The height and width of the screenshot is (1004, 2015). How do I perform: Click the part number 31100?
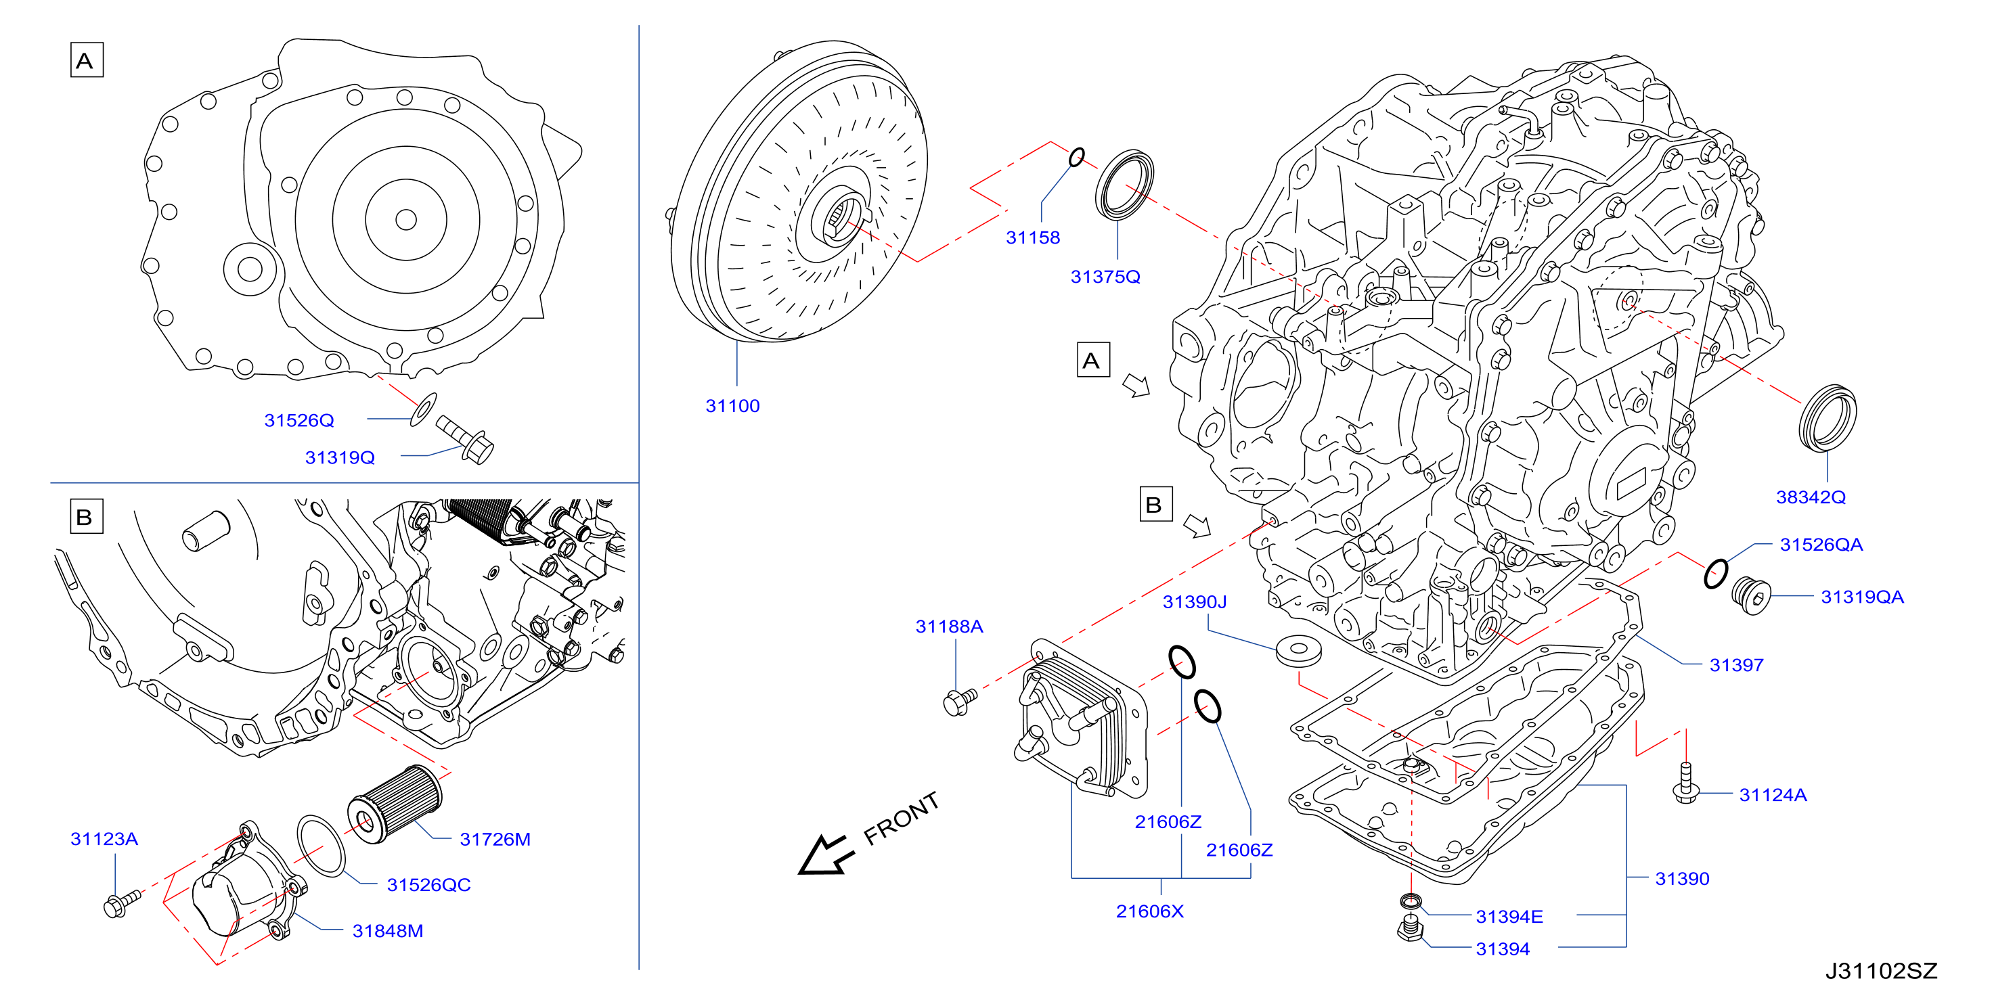click(x=732, y=406)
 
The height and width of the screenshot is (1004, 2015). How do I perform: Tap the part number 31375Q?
click(x=1105, y=277)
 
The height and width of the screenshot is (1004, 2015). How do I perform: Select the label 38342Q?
click(x=1810, y=497)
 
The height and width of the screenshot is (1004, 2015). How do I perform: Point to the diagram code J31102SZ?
click(x=1881, y=971)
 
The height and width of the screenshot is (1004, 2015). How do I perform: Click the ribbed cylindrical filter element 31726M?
click(x=394, y=804)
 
